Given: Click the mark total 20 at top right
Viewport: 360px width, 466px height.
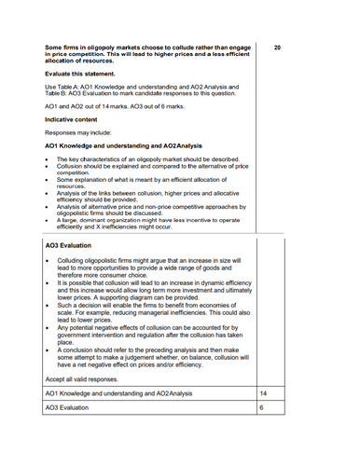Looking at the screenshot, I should [x=278, y=46].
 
